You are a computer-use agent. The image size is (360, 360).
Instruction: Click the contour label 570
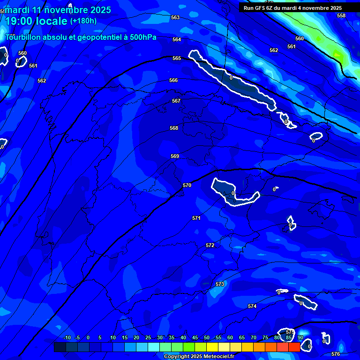(187, 185)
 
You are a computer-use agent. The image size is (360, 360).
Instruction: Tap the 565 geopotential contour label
(177, 58)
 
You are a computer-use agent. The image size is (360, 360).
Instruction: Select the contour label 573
(220, 284)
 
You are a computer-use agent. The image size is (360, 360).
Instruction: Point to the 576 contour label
(336, 354)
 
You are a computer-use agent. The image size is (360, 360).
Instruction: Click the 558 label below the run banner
(341, 15)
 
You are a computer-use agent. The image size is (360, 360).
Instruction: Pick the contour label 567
(176, 101)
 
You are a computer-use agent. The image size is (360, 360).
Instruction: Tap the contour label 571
(196, 218)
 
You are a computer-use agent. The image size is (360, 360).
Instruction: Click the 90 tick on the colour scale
(300, 337)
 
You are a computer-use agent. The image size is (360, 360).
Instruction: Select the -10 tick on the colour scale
(67, 337)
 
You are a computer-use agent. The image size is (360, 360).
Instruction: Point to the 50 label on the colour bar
(207, 337)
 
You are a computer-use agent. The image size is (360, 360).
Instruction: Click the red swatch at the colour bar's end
(294, 347)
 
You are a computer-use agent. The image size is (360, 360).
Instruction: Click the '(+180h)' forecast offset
(83, 21)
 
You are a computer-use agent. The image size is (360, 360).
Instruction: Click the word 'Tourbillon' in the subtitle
(23, 37)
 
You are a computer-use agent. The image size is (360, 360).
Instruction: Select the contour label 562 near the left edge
(42, 81)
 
